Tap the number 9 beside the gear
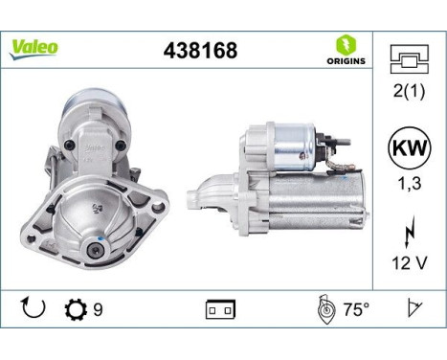tap(99, 310)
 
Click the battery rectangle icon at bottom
tap(219, 310)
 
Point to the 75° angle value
tap(357, 310)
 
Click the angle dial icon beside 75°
tap(324, 309)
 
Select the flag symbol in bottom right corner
tap(414, 309)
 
